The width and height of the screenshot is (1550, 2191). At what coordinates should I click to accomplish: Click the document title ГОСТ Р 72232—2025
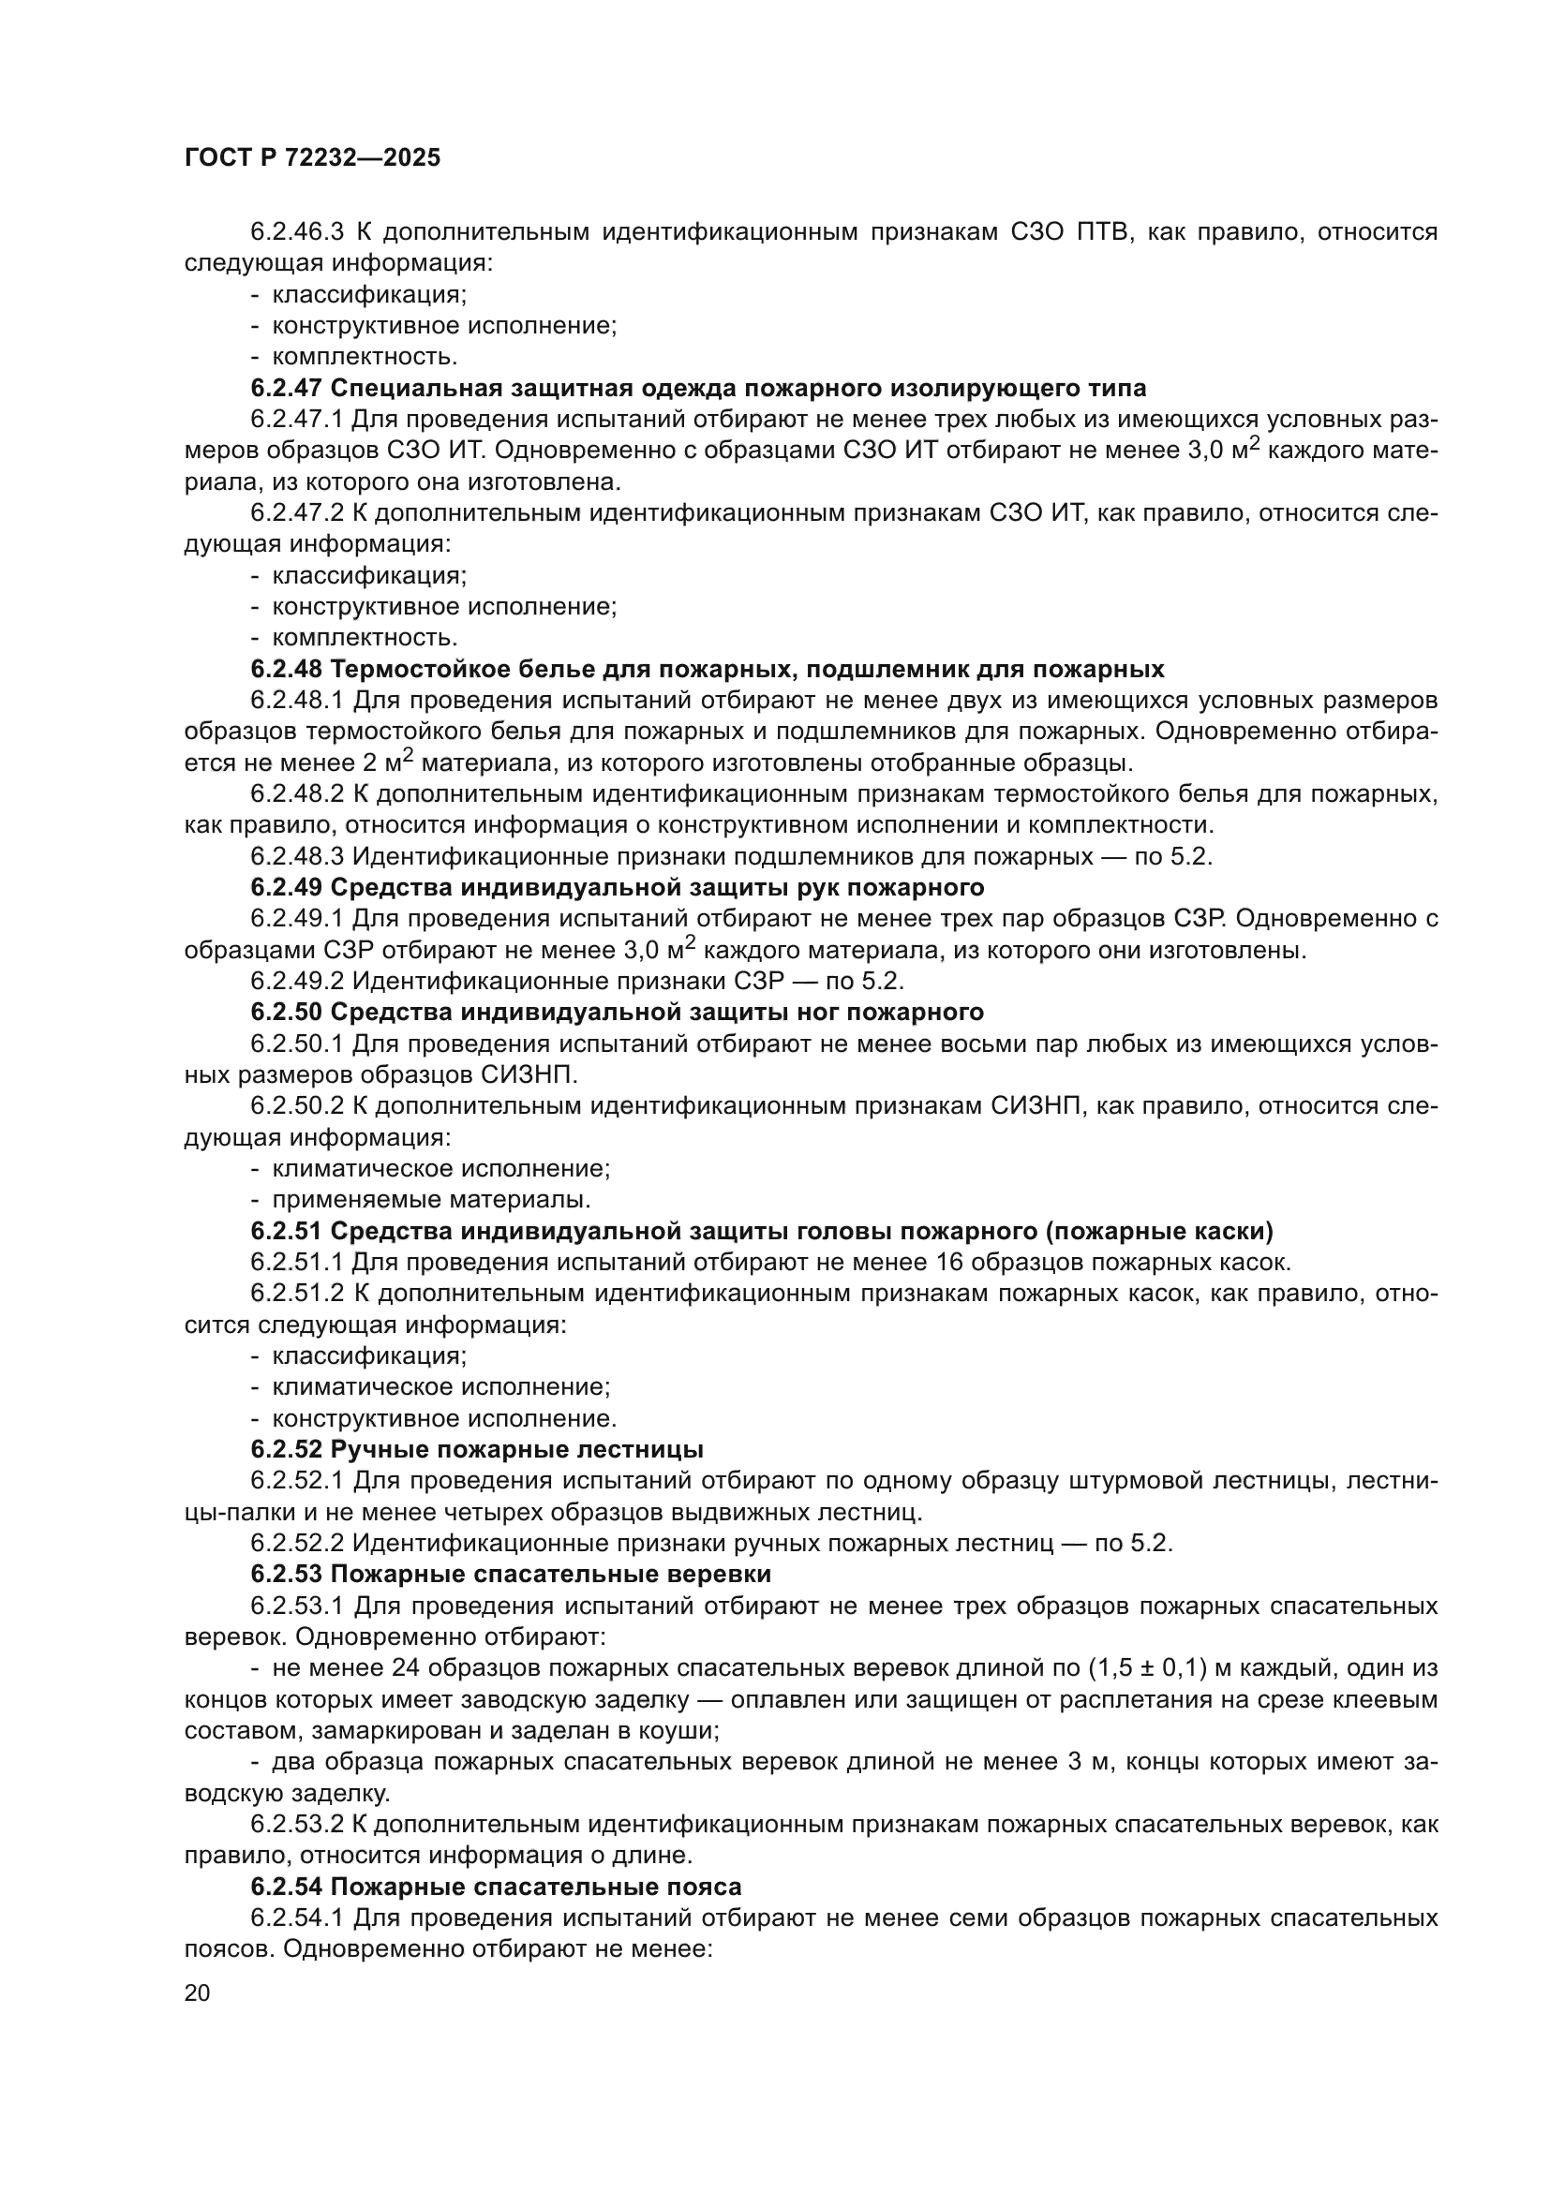click(x=312, y=158)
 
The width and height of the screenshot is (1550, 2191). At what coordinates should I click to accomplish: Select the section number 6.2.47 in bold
click(x=287, y=389)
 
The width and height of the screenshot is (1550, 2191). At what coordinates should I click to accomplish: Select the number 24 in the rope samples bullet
click(x=405, y=1668)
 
